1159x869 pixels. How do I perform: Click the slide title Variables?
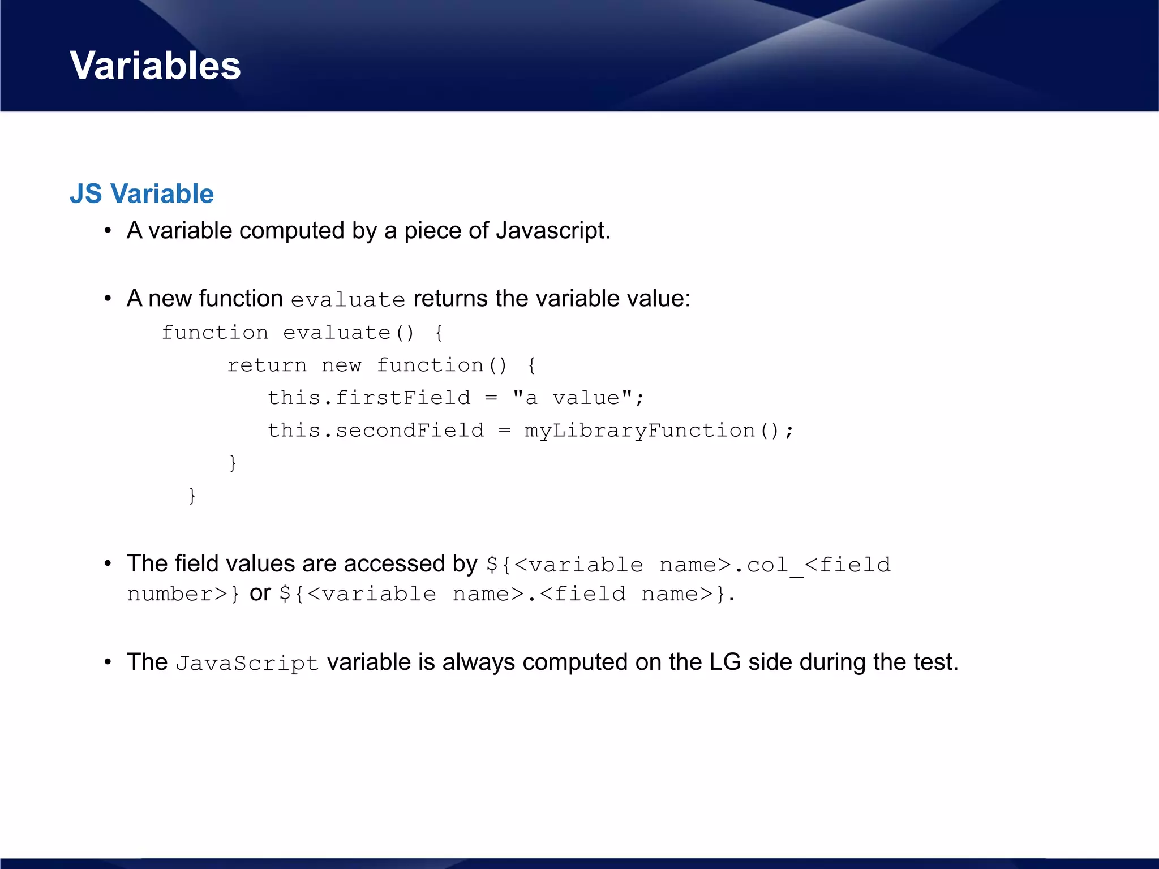(155, 66)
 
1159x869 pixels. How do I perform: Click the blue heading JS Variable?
(141, 194)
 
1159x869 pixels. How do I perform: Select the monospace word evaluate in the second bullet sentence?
(347, 300)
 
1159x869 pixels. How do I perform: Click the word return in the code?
(267, 365)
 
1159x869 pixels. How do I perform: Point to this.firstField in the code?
(368, 398)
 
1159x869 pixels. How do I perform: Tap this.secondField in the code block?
(375, 431)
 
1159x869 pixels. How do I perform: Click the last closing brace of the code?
(192, 496)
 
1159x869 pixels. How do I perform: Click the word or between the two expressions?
(260, 593)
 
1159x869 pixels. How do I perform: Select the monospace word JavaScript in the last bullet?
(247, 663)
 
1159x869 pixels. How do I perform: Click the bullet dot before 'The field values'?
(108, 564)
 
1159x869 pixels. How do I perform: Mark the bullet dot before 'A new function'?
(108, 299)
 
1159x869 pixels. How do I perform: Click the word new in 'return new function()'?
(341, 365)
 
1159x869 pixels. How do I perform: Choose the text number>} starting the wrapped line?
(183, 594)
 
